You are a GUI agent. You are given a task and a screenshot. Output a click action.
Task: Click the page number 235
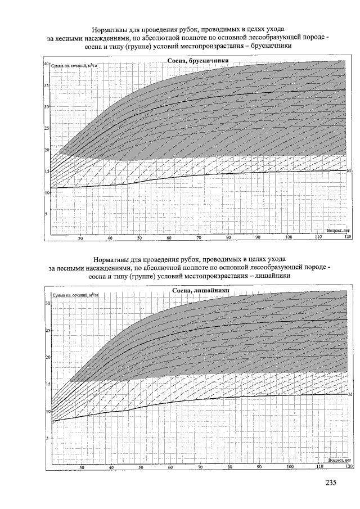coord(330,483)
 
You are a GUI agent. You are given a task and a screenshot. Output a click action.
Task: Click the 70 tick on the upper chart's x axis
coord(199,238)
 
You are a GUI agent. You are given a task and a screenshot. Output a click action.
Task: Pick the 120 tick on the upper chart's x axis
coord(347,238)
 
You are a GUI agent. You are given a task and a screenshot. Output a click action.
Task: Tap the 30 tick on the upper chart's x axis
coord(80,238)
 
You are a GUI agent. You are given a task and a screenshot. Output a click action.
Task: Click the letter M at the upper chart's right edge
coord(349,170)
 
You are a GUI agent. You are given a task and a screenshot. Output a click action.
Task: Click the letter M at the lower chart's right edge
coord(350,395)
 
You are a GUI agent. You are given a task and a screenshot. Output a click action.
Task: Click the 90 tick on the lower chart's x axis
coord(259,467)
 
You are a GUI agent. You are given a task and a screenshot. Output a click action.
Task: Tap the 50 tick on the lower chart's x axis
coord(141,467)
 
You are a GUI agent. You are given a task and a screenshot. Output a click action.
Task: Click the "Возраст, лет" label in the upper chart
coord(339,231)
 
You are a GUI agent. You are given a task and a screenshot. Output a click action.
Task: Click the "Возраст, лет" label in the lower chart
coord(339,460)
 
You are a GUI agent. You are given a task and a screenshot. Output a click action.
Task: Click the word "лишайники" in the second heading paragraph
coord(272,276)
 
